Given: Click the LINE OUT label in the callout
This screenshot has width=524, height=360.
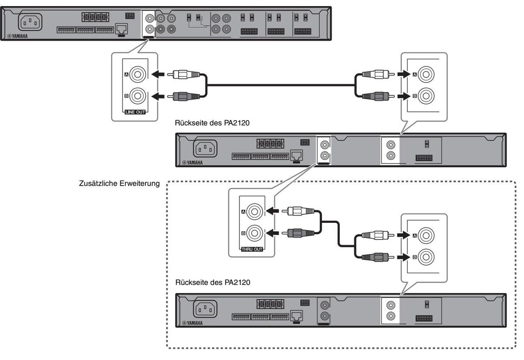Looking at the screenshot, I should point(135,112).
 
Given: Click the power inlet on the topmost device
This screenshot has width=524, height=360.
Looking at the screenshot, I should point(29,21).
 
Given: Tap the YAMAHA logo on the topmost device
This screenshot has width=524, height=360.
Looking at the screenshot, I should point(17,36).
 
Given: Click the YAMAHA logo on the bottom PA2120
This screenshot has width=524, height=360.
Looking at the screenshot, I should point(192,323).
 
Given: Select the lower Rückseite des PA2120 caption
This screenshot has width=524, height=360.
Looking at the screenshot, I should point(213,283).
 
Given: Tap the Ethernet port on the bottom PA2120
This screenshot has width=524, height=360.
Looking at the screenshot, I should point(296,315).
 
